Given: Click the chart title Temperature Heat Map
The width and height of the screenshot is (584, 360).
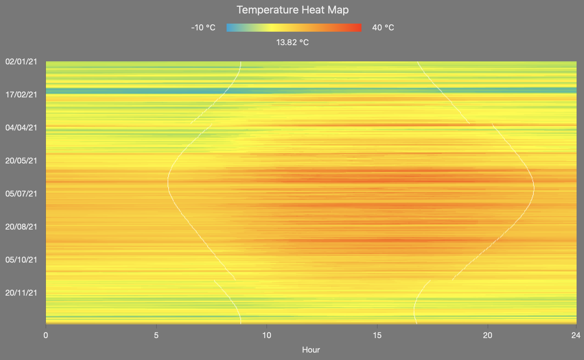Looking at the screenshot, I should [x=292, y=10].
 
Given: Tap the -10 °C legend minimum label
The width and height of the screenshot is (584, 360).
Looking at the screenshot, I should [x=203, y=28].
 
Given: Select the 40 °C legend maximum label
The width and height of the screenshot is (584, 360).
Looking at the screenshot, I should [x=383, y=28].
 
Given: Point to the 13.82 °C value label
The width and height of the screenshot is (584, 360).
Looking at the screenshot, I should [x=292, y=42].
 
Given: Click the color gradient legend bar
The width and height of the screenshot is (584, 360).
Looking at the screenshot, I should [x=294, y=28].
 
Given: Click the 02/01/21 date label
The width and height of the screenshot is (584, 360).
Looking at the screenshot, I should [x=21, y=62].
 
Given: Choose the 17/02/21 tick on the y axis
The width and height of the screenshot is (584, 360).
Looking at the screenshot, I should [x=21, y=95].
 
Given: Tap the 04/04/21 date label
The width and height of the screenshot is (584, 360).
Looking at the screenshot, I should [x=21, y=128].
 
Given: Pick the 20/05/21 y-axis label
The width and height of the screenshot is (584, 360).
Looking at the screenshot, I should [x=21, y=161].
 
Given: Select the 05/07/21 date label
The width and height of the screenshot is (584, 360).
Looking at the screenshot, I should [x=21, y=194].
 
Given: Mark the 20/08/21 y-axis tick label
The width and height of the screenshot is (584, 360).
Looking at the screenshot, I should [x=21, y=227].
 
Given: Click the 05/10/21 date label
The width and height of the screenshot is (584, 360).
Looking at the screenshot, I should [x=21, y=260].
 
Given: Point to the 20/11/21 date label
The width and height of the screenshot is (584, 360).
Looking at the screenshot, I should [x=21, y=293].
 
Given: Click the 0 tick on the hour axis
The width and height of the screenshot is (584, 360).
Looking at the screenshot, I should [x=46, y=335].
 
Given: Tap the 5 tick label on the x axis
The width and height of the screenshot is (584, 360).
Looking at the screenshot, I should [x=156, y=335].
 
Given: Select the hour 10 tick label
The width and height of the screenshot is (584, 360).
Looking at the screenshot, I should [x=267, y=335].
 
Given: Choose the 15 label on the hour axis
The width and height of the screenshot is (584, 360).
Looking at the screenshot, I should [x=377, y=335].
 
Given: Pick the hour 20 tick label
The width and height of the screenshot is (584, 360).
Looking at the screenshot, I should [x=488, y=335].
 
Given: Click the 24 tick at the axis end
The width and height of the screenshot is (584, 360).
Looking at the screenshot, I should [x=576, y=335].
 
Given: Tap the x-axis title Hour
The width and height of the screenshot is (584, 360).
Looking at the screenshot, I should [x=311, y=350].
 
